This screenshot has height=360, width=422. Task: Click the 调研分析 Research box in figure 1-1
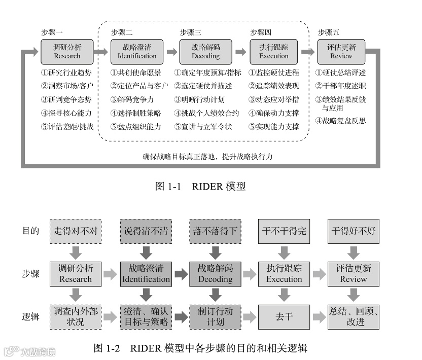[x=67, y=51]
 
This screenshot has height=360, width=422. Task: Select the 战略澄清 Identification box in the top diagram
[x=136, y=51]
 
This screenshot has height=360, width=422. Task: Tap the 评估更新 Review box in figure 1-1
[x=341, y=51]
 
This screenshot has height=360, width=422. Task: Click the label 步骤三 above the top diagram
[x=191, y=32]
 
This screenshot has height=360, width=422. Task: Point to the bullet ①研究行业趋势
[x=67, y=73]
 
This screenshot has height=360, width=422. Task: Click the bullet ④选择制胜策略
[x=135, y=113]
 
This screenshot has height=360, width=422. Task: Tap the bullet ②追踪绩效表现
[x=274, y=86]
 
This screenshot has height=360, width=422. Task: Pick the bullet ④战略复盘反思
[x=340, y=121]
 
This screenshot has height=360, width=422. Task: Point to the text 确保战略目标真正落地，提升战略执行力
[x=208, y=157]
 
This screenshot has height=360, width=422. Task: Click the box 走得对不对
[x=76, y=231]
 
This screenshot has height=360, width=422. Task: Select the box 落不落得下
[x=214, y=231]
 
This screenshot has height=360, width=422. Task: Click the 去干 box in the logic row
[x=284, y=316]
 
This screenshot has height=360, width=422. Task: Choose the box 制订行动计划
[x=214, y=316]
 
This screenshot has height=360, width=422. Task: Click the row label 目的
[x=31, y=231]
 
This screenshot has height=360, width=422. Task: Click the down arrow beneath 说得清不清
[x=145, y=251]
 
